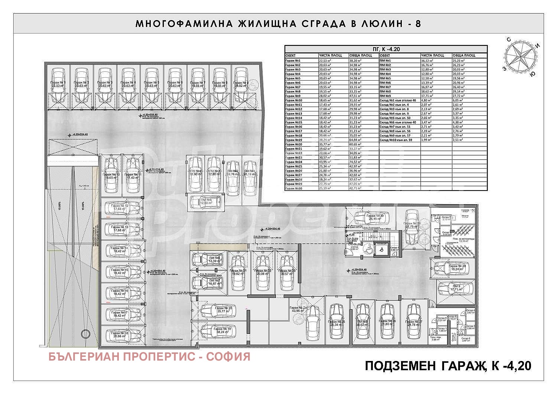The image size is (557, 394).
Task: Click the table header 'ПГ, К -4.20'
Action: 386,49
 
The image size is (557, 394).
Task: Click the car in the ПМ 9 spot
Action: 455,288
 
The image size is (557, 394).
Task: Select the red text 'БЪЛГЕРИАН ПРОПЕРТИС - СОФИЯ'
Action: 149,357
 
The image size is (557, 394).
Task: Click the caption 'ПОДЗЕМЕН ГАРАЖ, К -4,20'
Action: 448,366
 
